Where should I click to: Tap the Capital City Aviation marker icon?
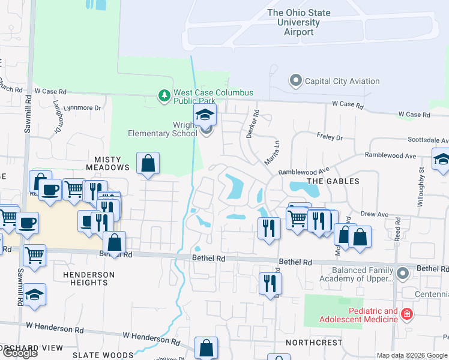coord(295,80)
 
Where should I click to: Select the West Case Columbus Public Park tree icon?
coord(164,95)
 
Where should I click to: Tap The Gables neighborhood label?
coord(333,181)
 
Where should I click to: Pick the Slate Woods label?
coord(103,355)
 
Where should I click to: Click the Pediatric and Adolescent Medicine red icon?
coord(407,314)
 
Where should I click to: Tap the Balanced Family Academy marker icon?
coord(402,274)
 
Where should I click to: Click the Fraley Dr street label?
coord(330,137)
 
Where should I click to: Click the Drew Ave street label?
coord(375,214)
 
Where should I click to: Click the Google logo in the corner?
coord(20,353)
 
